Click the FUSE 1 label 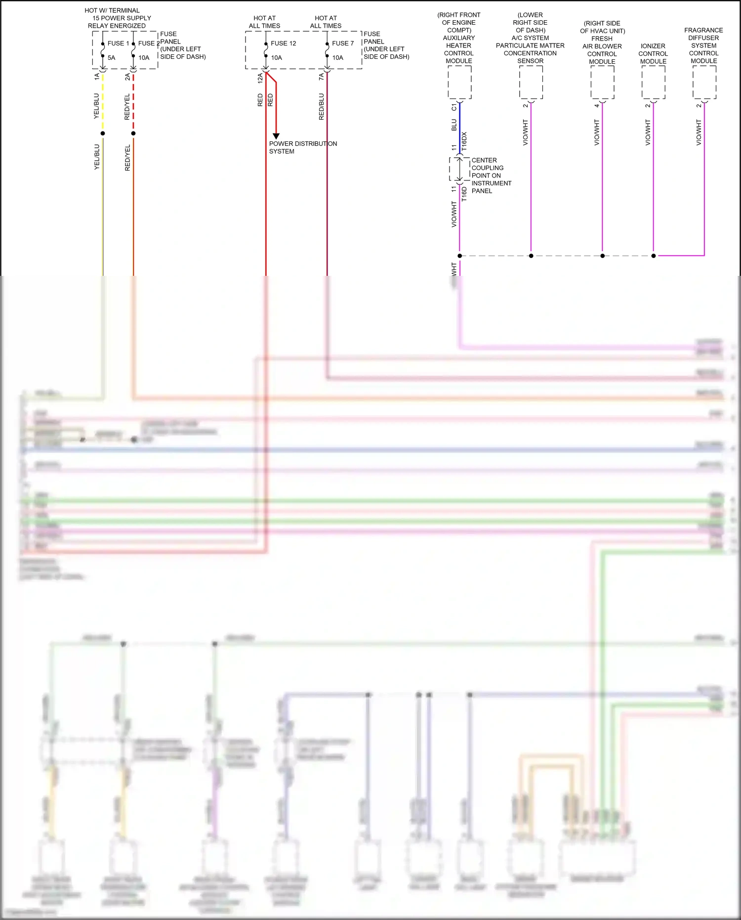click(118, 44)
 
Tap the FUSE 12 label click(283, 44)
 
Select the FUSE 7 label click(343, 44)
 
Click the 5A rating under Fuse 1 click(111, 58)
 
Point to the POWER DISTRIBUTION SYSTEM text click(303, 147)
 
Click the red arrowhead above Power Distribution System click(276, 136)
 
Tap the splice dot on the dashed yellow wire click(103, 133)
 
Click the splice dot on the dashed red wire click(133, 133)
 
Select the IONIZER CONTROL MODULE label click(653, 53)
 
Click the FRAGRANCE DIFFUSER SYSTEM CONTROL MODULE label click(704, 45)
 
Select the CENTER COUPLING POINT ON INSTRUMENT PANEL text click(491, 175)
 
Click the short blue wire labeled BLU click(460, 126)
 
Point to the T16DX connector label click(464, 141)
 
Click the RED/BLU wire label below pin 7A click(322, 106)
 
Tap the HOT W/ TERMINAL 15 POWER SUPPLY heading click(117, 18)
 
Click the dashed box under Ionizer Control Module click(653, 83)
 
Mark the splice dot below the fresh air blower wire click(602, 256)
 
